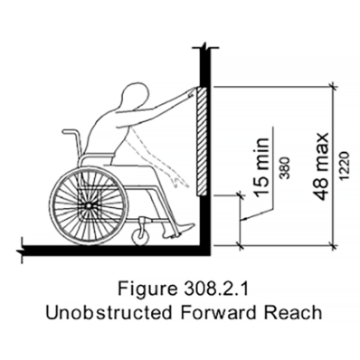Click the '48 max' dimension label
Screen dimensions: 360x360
[x=320, y=166]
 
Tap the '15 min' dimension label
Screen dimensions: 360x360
[x=261, y=166]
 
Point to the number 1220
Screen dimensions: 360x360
[x=344, y=166]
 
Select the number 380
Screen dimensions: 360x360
[x=285, y=168]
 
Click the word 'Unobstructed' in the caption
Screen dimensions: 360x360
[x=109, y=313]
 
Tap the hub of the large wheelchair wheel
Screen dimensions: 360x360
[x=89, y=205]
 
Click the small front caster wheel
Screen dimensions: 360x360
[x=139, y=234]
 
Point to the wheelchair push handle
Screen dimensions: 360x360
[x=69, y=131]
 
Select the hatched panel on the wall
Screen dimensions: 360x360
[x=202, y=141]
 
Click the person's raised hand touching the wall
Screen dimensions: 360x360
[x=192, y=91]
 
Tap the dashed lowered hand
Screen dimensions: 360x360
[x=180, y=182]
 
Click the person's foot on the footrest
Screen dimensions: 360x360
[x=181, y=231]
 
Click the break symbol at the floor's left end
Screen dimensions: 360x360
[x=22, y=250]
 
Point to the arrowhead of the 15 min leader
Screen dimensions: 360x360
[x=243, y=220]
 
